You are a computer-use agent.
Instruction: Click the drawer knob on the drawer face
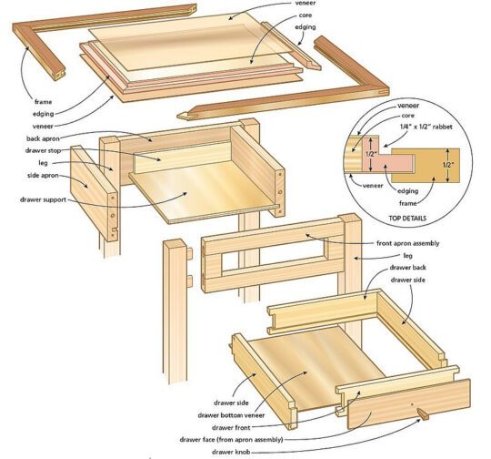click(423, 414)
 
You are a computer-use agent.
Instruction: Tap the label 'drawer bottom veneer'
click(231, 415)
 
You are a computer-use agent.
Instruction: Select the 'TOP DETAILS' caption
click(407, 218)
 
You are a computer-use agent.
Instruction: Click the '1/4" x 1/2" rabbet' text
click(426, 127)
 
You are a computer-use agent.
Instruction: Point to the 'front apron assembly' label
click(407, 243)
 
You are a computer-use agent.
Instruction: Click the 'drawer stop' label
click(44, 150)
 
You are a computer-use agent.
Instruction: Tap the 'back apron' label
click(43, 138)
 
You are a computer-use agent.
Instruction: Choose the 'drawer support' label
click(44, 199)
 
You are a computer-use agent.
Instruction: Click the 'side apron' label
click(43, 175)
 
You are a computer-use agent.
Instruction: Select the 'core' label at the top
click(305, 15)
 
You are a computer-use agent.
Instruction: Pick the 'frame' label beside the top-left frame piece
click(44, 102)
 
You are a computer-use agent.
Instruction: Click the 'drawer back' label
click(407, 268)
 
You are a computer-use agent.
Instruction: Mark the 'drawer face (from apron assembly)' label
click(231, 439)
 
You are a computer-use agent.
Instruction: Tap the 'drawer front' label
click(231, 427)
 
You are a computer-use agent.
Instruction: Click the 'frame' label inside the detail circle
click(407, 203)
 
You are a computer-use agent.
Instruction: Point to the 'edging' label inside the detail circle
click(407, 190)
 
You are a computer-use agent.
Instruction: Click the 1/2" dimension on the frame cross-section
click(448, 165)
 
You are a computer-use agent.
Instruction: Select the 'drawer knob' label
click(231, 452)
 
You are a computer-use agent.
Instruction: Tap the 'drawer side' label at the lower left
click(231, 403)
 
